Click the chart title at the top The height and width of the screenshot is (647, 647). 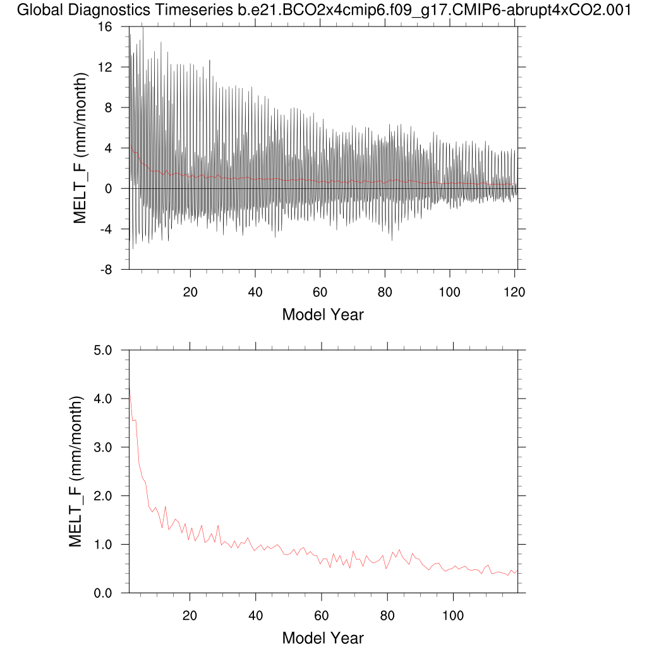(x=323, y=10)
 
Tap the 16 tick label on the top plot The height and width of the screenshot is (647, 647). (x=113, y=27)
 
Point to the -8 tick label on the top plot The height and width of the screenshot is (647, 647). (x=114, y=270)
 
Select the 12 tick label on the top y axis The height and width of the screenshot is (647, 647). (x=113, y=68)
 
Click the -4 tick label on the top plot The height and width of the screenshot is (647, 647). (x=114, y=229)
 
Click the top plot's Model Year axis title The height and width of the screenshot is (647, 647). (x=323, y=314)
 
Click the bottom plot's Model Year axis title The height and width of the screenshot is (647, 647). (x=323, y=638)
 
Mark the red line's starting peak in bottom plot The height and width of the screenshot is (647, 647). (x=130, y=392)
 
